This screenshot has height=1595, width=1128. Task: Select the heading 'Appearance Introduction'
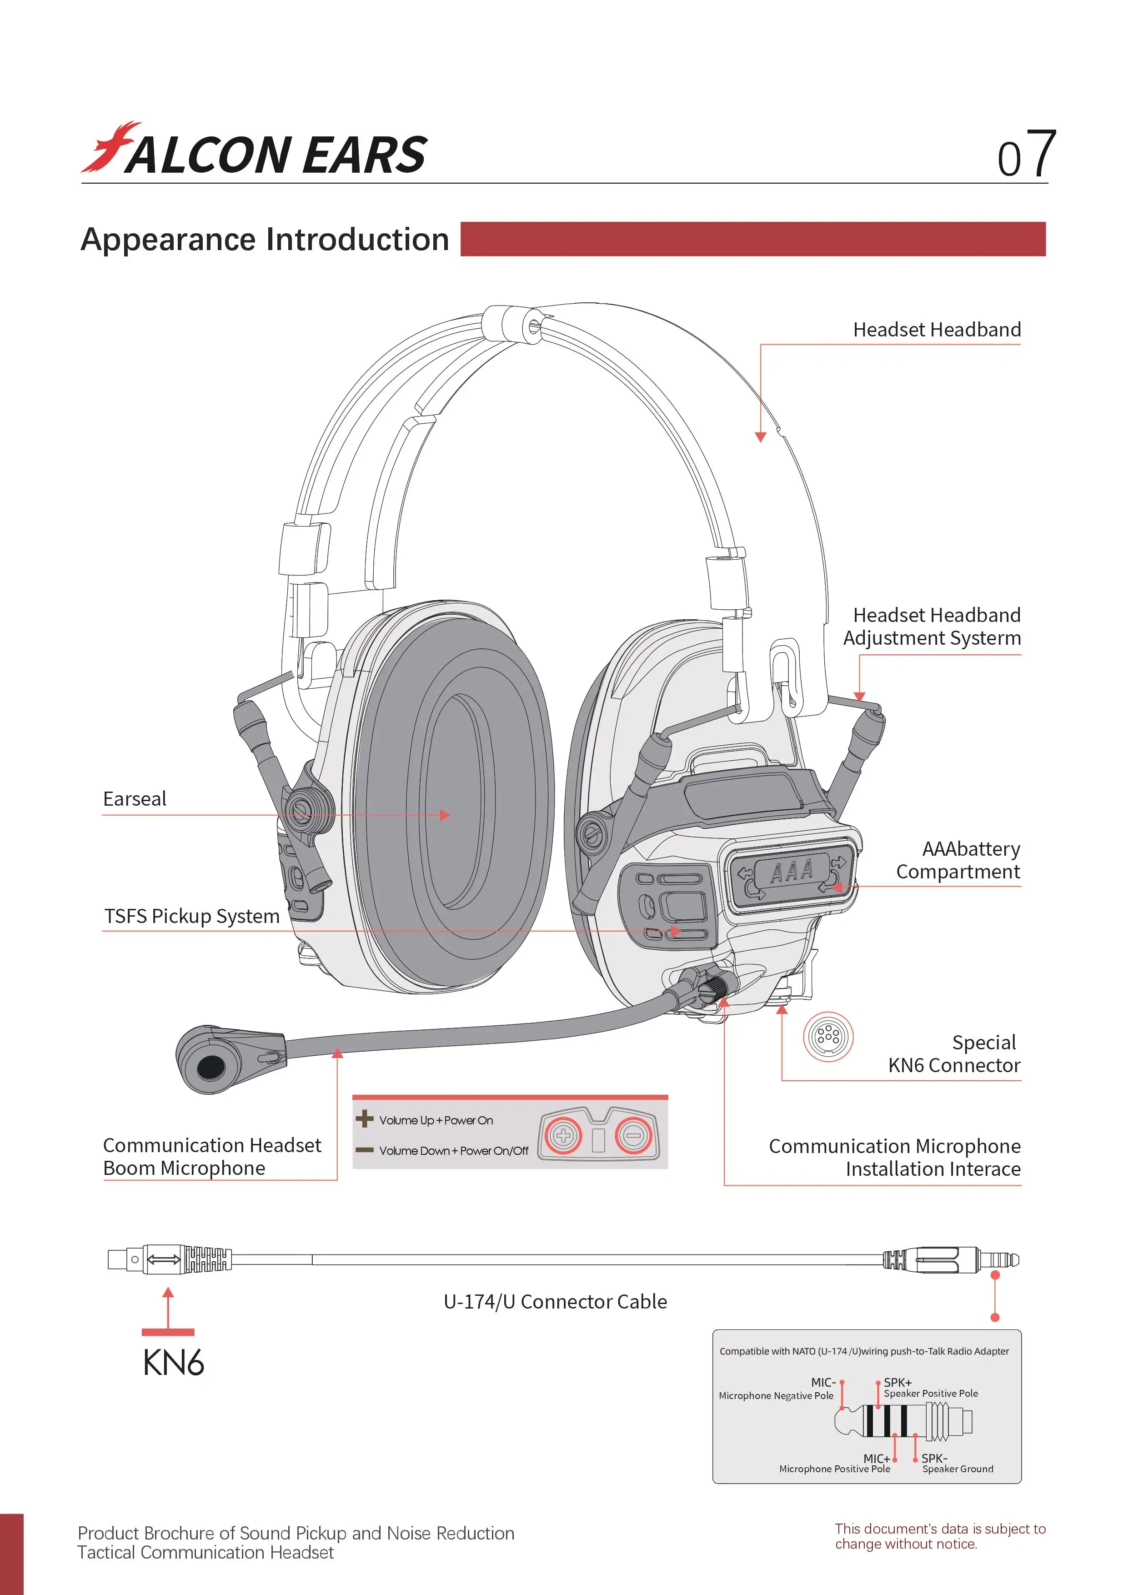(265, 240)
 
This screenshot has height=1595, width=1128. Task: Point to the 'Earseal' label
(135, 799)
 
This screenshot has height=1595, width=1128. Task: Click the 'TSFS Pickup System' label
(192, 916)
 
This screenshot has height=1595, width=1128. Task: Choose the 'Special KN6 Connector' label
(954, 1054)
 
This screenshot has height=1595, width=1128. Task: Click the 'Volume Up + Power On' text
(436, 1120)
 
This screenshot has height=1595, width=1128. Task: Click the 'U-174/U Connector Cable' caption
(555, 1302)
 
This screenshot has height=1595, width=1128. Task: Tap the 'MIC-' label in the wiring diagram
(823, 1382)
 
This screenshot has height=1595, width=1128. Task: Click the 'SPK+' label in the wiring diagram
(897, 1382)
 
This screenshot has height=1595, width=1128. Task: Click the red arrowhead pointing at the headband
(761, 437)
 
